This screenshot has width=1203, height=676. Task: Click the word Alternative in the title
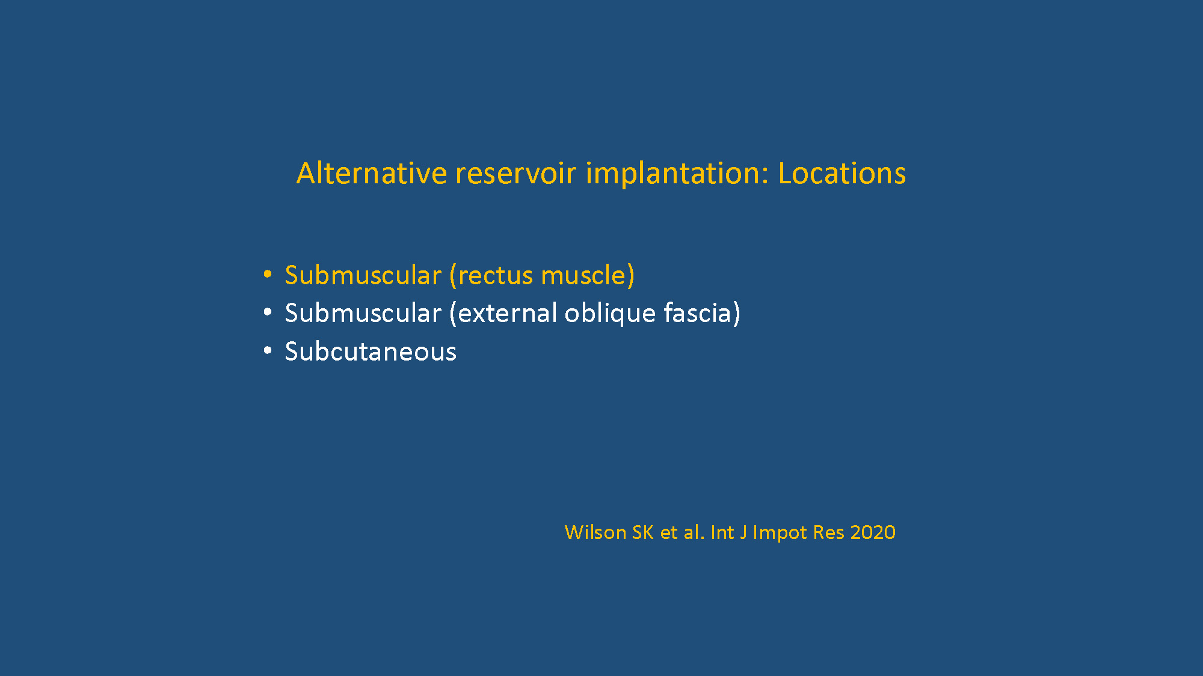point(371,173)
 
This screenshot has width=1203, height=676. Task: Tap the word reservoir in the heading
point(515,173)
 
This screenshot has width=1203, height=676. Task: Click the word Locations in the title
point(841,173)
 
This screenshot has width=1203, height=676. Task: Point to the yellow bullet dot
point(268,275)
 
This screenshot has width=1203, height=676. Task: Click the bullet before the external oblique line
point(268,312)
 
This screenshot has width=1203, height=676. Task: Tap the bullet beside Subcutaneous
point(268,350)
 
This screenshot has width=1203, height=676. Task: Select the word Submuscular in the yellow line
point(363,275)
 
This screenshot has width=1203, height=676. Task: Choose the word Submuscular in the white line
point(363,313)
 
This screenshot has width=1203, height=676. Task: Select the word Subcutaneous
point(371,352)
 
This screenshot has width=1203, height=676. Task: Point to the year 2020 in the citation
point(873,532)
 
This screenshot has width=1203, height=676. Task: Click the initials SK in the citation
point(643,532)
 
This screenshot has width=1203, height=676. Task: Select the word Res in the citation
point(828,532)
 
